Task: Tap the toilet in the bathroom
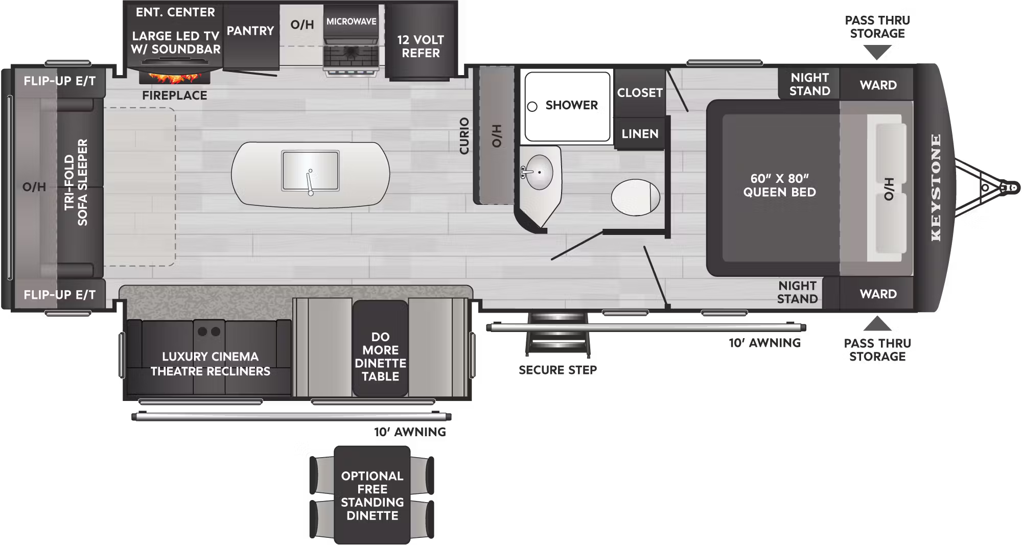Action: [635, 197]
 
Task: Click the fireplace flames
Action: [174, 78]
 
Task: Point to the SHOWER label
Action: [571, 105]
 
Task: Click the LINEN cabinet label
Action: [640, 134]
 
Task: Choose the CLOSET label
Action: [640, 93]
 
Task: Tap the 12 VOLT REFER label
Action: [421, 46]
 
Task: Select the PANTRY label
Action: [250, 31]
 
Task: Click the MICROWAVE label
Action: [352, 21]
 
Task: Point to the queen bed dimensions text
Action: [779, 185]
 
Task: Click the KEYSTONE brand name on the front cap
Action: [936, 187]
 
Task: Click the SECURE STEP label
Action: [558, 370]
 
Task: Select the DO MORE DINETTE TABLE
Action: [380, 356]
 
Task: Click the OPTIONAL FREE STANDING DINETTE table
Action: [372, 495]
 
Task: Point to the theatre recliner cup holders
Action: [209, 331]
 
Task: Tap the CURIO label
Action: [464, 136]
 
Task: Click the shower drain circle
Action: [532, 107]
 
